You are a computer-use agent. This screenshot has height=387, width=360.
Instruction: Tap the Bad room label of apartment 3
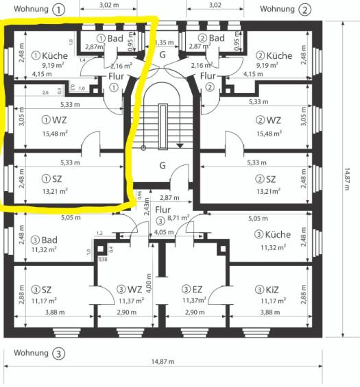[x=47, y=240]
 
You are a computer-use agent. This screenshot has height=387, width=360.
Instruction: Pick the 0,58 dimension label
[x=103, y=258]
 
